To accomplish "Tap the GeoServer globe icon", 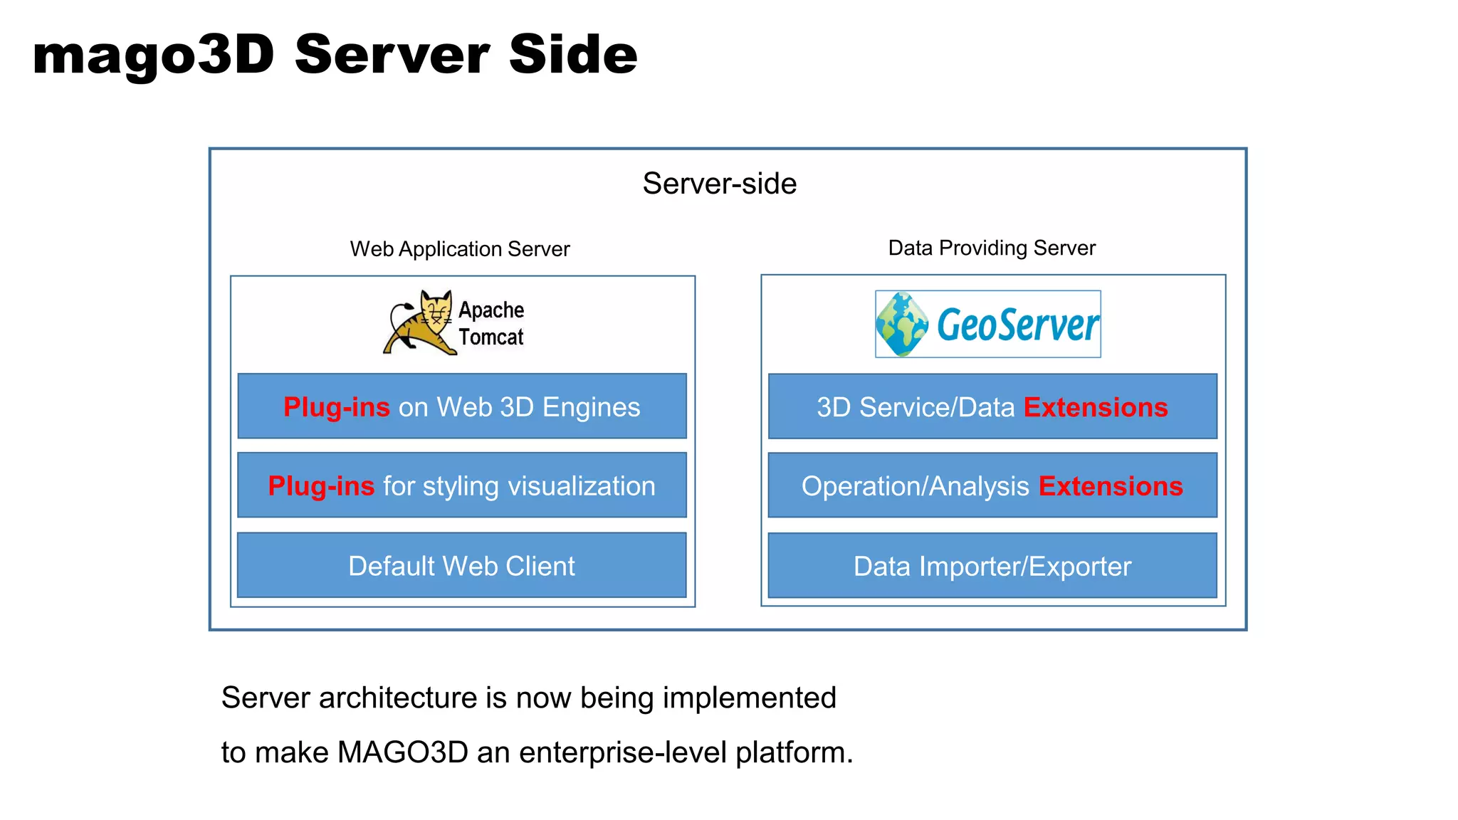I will (901, 325).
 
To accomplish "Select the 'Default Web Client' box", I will (461, 566).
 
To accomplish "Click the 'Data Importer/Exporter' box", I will (992, 567).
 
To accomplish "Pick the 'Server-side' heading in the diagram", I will (719, 184).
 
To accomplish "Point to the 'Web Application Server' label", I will (460, 249).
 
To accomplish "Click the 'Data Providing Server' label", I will (992, 248).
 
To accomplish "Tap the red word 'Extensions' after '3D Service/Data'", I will (1095, 407).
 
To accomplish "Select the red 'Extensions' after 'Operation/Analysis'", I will (1110, 486).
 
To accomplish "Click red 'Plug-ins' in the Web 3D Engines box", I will (336, 407).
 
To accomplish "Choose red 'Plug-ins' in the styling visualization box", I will (321, 486).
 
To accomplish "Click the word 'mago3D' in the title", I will (153, 55).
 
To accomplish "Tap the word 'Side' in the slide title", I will (573, 55).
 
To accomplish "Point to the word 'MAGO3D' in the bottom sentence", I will (403, 752).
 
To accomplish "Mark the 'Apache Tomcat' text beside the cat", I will (491, 323).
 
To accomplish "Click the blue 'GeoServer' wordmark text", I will (1017, 325).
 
